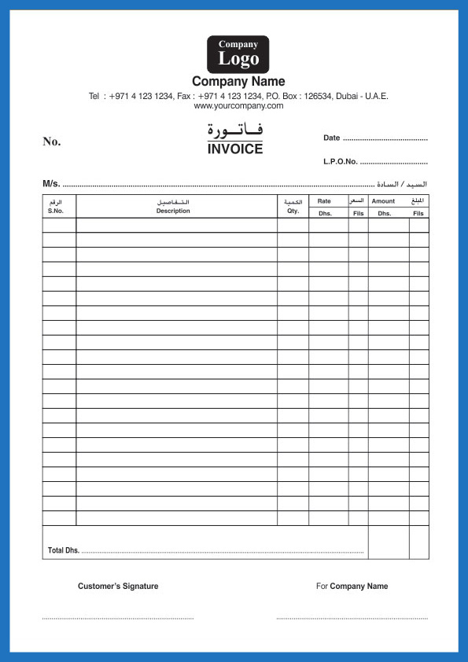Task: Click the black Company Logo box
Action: (238, 53)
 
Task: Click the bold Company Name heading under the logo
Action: (238, 82)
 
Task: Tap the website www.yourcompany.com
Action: (238, 105)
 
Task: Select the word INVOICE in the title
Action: (235, 149)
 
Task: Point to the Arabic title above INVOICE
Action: (235, 130)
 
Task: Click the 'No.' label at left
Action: (52, 142)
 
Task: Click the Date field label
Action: (331, 138)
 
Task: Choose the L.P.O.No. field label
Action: (341, 161)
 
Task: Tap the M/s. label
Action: (51, 184)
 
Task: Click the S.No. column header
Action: (55, 211)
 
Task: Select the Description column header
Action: (173, 211)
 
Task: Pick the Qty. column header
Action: (293, 211)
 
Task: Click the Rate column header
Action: (324, 201)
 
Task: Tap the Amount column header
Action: (383, 201)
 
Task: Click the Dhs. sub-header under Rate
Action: (325, 213)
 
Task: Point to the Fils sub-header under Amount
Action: (418, 213)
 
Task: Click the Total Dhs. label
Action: (64, 550)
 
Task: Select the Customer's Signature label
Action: (118, 586)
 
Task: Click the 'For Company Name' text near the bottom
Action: (352, 586)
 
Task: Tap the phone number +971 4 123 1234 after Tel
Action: (141, 96)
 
